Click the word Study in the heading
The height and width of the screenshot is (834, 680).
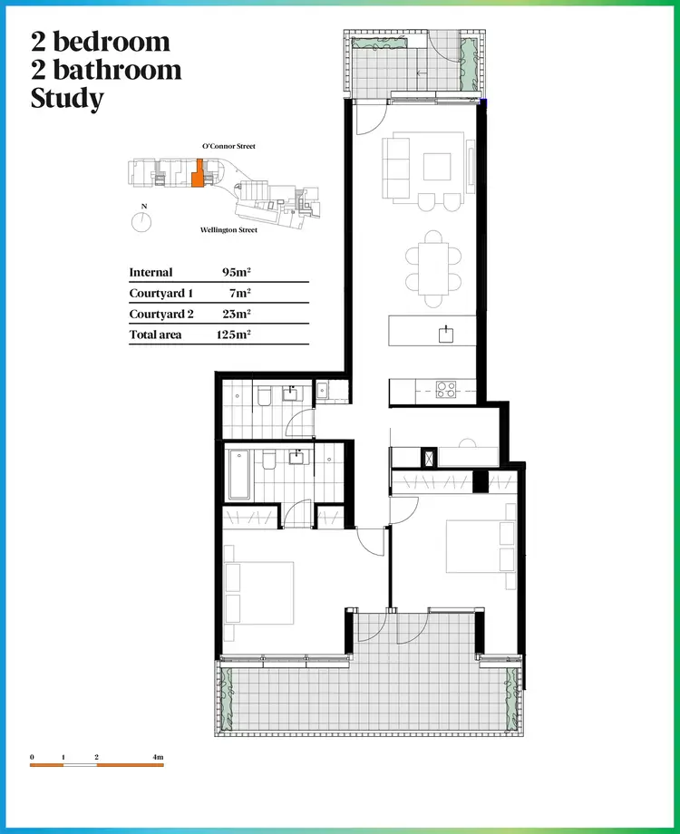(67, 98)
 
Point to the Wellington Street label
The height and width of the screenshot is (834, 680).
(228, 230)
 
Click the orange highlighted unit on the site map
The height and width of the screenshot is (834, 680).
(197, 173)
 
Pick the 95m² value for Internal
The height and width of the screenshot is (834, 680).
(236, 272)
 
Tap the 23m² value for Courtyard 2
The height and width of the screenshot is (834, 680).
(236, 315)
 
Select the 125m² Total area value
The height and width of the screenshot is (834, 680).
(234, 335)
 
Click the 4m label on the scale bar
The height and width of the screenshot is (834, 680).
(158, 756)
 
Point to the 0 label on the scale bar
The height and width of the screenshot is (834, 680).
(32, 756)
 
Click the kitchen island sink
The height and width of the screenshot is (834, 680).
(446, 335)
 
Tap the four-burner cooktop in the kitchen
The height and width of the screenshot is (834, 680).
(446, 390)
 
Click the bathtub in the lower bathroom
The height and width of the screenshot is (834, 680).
(239, 474)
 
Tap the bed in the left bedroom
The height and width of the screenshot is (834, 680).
(263, 593)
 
